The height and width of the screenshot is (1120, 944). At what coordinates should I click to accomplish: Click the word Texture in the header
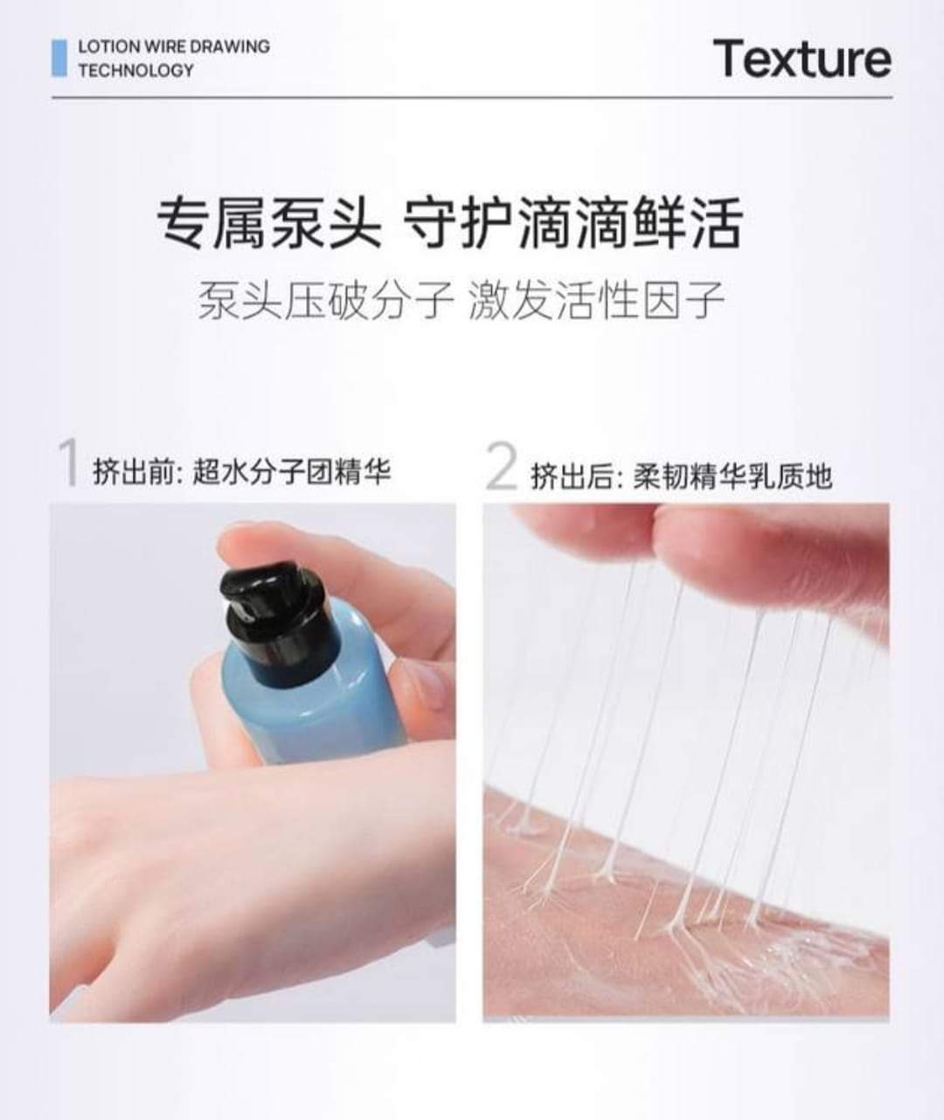coord(802,59)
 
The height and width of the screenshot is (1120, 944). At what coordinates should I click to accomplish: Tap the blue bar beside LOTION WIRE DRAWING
coord(59,58)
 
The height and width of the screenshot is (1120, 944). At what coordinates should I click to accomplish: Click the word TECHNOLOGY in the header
coord(135,70)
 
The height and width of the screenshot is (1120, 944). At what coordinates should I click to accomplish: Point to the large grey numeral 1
coord(68,463)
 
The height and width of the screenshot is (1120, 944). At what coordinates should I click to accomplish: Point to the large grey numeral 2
coord(501,466)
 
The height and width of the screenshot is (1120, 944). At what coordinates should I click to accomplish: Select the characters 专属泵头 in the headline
coord(268,222)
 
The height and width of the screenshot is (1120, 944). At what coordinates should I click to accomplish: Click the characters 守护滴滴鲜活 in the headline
coord(573,222)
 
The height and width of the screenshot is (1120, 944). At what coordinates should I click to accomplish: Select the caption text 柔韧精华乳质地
coord(732,476)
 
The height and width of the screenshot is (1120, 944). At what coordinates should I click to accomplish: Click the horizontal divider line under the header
coord(472,98)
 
